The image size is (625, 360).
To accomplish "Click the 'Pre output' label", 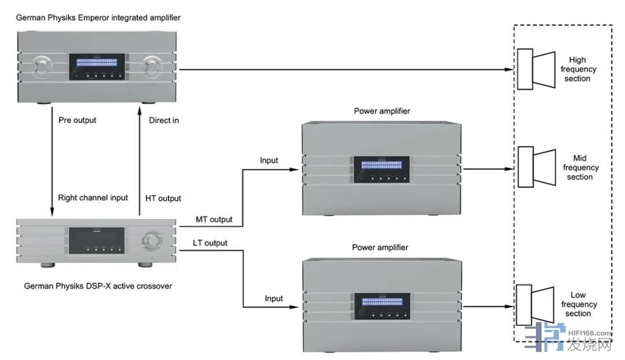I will pos(78,120).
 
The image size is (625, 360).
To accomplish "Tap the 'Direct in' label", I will pos(164,120).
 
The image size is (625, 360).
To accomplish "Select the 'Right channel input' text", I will pos(93,197).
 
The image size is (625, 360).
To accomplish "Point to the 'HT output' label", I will pos(163,198).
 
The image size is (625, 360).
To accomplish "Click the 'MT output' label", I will pos(215,219).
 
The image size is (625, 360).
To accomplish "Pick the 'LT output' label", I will pos(210,243).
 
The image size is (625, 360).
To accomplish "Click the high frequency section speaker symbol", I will pos(536,69).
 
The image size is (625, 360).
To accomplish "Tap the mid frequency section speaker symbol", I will pos(536,168).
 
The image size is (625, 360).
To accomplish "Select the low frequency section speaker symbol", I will pos(536,304).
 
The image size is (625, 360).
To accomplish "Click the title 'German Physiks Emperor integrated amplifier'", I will pos(98,18).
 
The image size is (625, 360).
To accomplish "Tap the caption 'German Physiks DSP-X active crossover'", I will pos(98,286).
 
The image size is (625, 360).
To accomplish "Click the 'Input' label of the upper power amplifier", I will pos(269,160).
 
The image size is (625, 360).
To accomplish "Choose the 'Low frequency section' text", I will pos(578,304).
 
